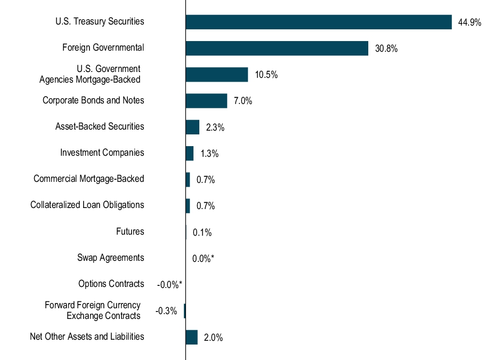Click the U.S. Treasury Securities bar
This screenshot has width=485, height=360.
pyautogui.click(x=319, y=22)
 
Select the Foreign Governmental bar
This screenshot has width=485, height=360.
pyautogui.click(x=277, y=48)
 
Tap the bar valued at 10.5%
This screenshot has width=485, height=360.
pyautogui.click(x=216, y=75)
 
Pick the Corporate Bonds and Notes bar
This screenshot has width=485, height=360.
pyautogui.click(x=206, y=101)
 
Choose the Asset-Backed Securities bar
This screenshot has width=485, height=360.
pyautogui.click(x=192, y=127)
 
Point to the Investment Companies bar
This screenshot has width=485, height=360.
pyautogui.click(x=189, y=153)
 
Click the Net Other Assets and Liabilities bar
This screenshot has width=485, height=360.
pyautogui.click(x=191, y=337)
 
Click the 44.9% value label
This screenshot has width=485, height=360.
pyautogui.click(x=470, y=22)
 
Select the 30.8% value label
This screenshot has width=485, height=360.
pyautogui.click(x=386, y=49)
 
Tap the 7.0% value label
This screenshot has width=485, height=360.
pyautogui.click(x=242, y=101)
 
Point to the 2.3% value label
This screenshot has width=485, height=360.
pyautogui.click(x=215, y=127)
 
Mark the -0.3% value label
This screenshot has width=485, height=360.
pyautogui.click(x=166, y=311)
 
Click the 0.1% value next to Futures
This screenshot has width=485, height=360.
pyautogui.click(x=202, y=233)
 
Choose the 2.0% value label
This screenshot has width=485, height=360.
pyautogui.click(x=213, y=338)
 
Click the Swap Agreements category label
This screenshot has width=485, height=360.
pyautogui.click(x=110, y=258)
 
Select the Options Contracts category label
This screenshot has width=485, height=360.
pyautogui.click(x=111, y=284)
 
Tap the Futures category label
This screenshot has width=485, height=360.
pyautogui.click(x=130, y=231)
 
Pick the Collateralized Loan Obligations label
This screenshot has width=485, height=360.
pyautogui.click(x=87, y=205)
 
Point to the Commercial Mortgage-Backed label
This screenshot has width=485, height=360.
pyautogui.click(x=88, y=179)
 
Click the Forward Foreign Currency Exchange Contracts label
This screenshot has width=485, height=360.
pyautogui.click(x=93, y=310)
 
